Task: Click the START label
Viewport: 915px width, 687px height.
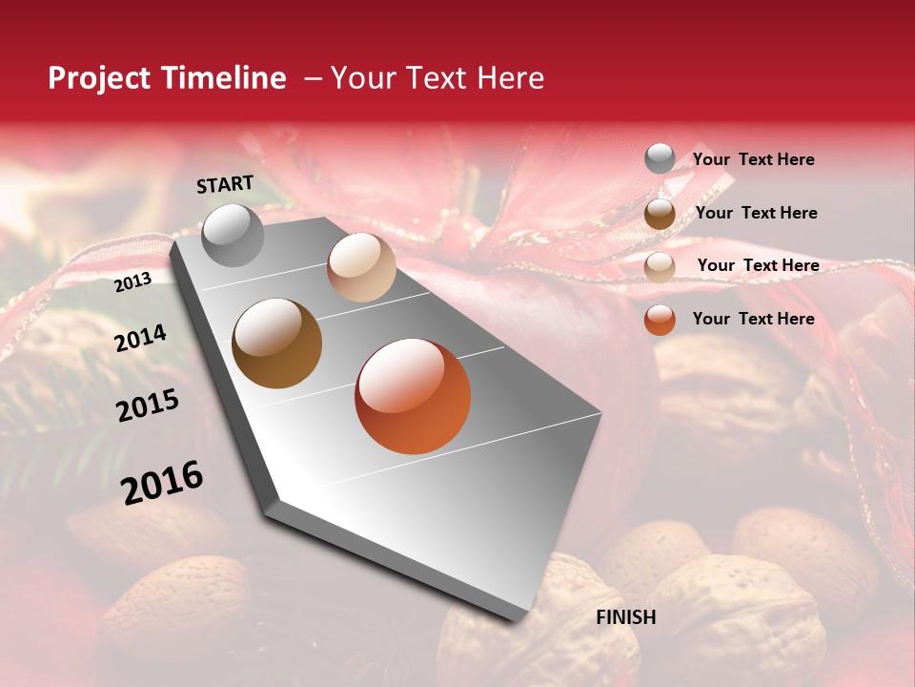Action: point(225,184)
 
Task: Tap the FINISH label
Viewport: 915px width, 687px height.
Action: point(626,617)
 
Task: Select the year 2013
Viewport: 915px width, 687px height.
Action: point(133,282)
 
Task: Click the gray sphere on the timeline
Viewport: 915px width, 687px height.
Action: point(233,236)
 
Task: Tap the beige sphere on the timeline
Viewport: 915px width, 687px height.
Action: point(361,267)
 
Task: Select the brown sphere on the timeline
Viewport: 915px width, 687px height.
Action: point(277,343)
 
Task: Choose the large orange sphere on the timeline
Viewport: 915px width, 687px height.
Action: point(413,396)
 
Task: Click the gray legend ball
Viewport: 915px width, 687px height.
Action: point(660,159)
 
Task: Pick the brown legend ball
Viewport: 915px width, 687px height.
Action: point(660,213)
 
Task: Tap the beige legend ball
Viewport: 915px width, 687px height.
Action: point(660,266)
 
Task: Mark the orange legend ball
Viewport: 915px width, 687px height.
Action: point(660,320)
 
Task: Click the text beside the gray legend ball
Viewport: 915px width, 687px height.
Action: point(753,159)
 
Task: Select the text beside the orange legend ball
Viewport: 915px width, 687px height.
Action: point(753,319)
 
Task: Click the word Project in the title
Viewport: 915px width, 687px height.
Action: point(99,78)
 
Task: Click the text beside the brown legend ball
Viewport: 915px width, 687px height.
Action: point(756,213)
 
